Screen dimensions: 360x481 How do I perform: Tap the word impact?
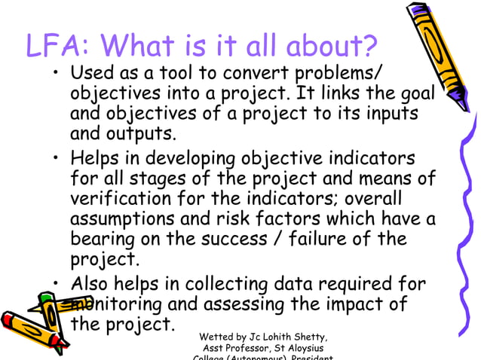point(354,305)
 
